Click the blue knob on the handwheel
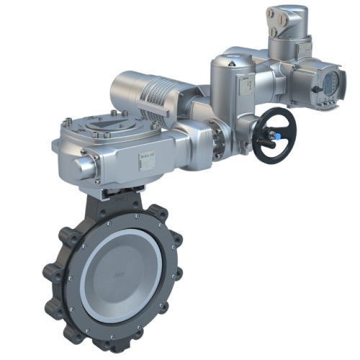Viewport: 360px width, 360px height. pos(277,135)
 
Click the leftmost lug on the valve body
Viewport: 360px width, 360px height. pos(50,273)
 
